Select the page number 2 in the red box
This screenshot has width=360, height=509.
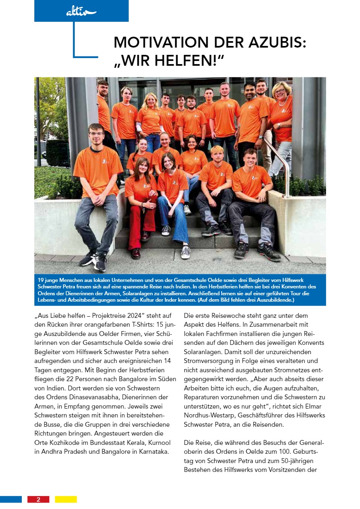tap(38, 499)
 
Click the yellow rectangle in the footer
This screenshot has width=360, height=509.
tap(66, 499)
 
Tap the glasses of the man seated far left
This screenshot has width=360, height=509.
tap(96, 134)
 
